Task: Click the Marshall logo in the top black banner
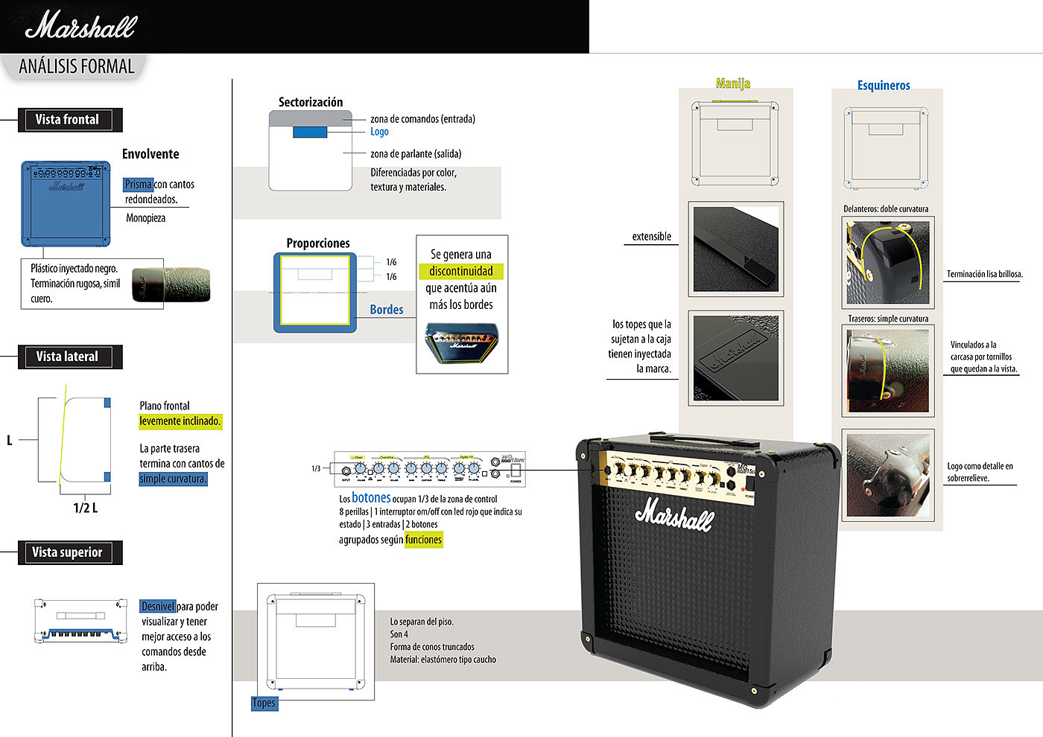80,26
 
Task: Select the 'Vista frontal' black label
67,120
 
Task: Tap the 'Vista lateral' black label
67,357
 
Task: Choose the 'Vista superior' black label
67,552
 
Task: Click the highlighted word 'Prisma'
138,185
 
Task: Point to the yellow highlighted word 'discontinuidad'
461,271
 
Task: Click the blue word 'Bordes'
387,310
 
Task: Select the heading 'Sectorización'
311,102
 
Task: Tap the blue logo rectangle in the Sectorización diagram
310,133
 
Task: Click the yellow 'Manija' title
733,83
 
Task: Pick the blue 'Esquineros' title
884,86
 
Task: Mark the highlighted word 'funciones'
424,540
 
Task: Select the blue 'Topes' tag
264,703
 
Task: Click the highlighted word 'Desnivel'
158,606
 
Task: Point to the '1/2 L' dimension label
85,508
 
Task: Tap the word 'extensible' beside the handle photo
651,237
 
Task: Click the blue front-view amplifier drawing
66,203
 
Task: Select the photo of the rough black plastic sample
171,284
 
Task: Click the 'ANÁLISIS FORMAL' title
77,66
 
